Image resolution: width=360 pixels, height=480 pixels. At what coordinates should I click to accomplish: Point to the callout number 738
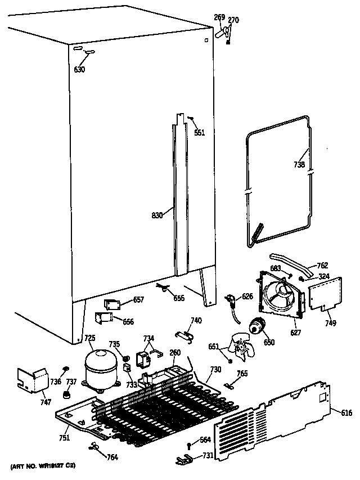pyautogui.click(x=299, y=165)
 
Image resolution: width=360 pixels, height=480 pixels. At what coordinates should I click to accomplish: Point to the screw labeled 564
pyautogui.click(x=190, y=446)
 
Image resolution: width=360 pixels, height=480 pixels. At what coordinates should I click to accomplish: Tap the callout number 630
pyautogui.click(x=80, y=70)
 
